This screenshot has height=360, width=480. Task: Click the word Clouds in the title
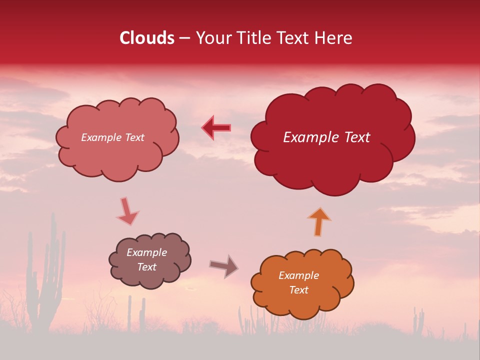pyautogui.click(x=147, y=38)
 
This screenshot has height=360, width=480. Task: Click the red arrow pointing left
pyautogui.click(x=216, y=127)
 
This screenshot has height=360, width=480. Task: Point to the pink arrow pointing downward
pyautogui.click(x=127, y=210)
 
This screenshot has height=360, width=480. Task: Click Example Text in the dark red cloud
pyautogui.click(x=326, y=137)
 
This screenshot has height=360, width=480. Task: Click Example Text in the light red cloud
pyautogui.click(x=112, y=137)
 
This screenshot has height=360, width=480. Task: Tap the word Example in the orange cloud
pyautogui.click(x=298, y=275)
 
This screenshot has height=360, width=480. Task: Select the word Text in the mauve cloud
pyautogui.click(x=146, y=267)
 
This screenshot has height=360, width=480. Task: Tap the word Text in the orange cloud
pyautogui.click(x=298, y=290)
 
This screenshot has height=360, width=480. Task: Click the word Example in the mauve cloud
pyautogui.click(x=146, y=252)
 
